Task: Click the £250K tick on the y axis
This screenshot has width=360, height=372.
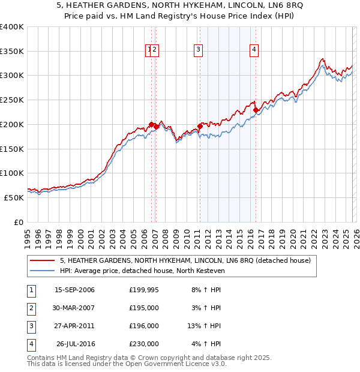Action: click(x=12, y=100)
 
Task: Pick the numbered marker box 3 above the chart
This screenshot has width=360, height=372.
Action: click(x=198, y=50)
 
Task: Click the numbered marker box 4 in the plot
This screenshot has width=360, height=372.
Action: click(x=254, y=50)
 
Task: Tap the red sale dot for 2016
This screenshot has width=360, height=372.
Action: click(x=256, y=110)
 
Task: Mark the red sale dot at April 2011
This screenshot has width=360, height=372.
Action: click(x=200, y=127)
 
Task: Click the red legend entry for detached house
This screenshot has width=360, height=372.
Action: click(x=185, y=260)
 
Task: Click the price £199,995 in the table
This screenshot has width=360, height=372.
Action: click(x=144, y=290)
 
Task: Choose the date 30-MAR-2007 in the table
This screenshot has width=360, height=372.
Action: click(x=74, y=308)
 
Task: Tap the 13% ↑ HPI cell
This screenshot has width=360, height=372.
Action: click(x=204, y=326)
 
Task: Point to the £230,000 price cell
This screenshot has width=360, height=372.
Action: click(x=144, y=344)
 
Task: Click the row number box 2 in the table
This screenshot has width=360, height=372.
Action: click(x=31, y=308)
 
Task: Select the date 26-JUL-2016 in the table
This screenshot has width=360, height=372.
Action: click(x=74, y=344)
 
